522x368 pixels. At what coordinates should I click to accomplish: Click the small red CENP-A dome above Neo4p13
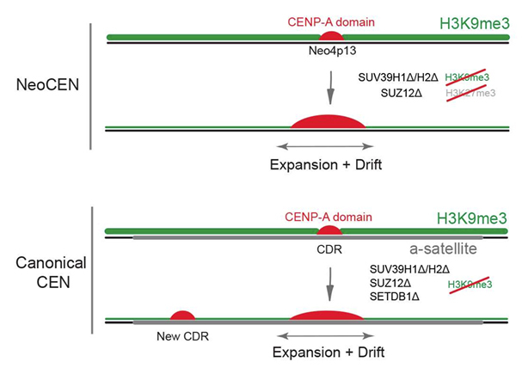click(x=330, y=35)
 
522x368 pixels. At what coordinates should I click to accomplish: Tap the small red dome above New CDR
click(x=183, y=316)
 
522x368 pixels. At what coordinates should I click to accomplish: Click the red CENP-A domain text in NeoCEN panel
click(x=330, y=18)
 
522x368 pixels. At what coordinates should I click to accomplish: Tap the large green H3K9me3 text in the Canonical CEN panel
click(x=470, y=218)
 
